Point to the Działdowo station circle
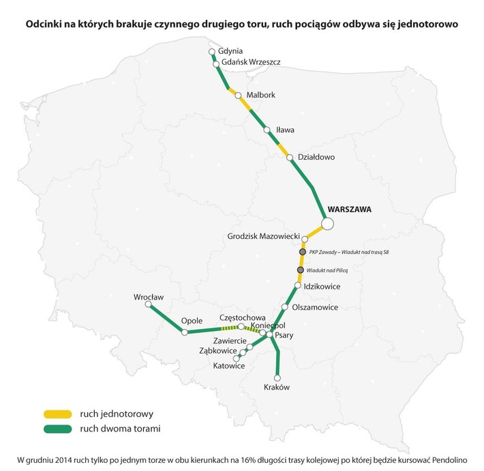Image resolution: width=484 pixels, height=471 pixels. tap(290, 158)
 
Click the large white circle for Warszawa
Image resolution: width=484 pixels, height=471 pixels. tap(327, 223)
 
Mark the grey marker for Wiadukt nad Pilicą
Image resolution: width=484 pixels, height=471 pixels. tap(300, 270)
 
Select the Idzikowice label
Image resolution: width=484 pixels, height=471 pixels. tap(322, 286)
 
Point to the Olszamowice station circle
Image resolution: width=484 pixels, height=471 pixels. tap(285, 307)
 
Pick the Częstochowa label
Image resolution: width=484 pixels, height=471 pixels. tap(241, 318)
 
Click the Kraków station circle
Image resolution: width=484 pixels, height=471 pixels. tap(277, 377)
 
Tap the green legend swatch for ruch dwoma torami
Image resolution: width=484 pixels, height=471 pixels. tap(58, 429)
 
